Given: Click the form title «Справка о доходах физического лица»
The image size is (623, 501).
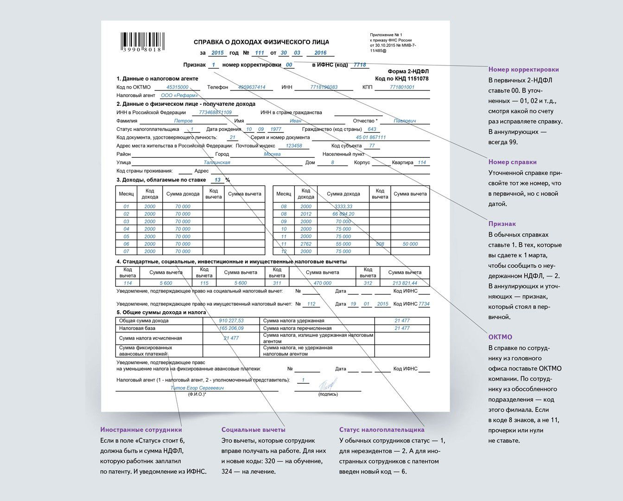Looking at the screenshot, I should click(x=261, y=42).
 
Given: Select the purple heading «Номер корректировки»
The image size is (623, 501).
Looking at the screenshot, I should click(x=523, y=70).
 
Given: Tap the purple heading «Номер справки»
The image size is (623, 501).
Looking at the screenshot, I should click(x=512, y=162).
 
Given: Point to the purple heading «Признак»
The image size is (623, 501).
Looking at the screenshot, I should click(x=502, y=224).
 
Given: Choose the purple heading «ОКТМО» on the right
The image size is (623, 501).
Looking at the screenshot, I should click(x=500, y=337).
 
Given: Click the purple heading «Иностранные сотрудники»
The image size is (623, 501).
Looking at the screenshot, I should click(x=141, y=430).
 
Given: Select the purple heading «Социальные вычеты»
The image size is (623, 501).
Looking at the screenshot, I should click(x=253, y=430).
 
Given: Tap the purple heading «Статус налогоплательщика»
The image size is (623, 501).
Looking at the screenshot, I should click(x=381, y=430).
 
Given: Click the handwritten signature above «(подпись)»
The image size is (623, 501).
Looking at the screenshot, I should click(x=328, y=385).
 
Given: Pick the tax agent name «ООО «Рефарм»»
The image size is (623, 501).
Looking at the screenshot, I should click(x=179, y=96).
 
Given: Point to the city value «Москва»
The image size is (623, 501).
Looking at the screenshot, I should click(x=272, y=154).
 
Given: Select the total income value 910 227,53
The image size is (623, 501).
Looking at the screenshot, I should click(x=231, y=321).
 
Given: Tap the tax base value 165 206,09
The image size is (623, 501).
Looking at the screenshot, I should click(x=231, y=328).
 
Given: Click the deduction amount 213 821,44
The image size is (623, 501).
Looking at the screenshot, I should click(x=404, y=283).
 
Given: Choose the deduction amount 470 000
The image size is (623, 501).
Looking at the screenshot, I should click(x=322, y=283).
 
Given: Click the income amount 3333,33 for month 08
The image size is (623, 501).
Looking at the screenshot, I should click(x=343, y=206).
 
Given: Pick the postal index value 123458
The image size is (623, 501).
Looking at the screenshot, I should click(x=293, y=146).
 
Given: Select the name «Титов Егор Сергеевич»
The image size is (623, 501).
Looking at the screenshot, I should click(x=197, y=388).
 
